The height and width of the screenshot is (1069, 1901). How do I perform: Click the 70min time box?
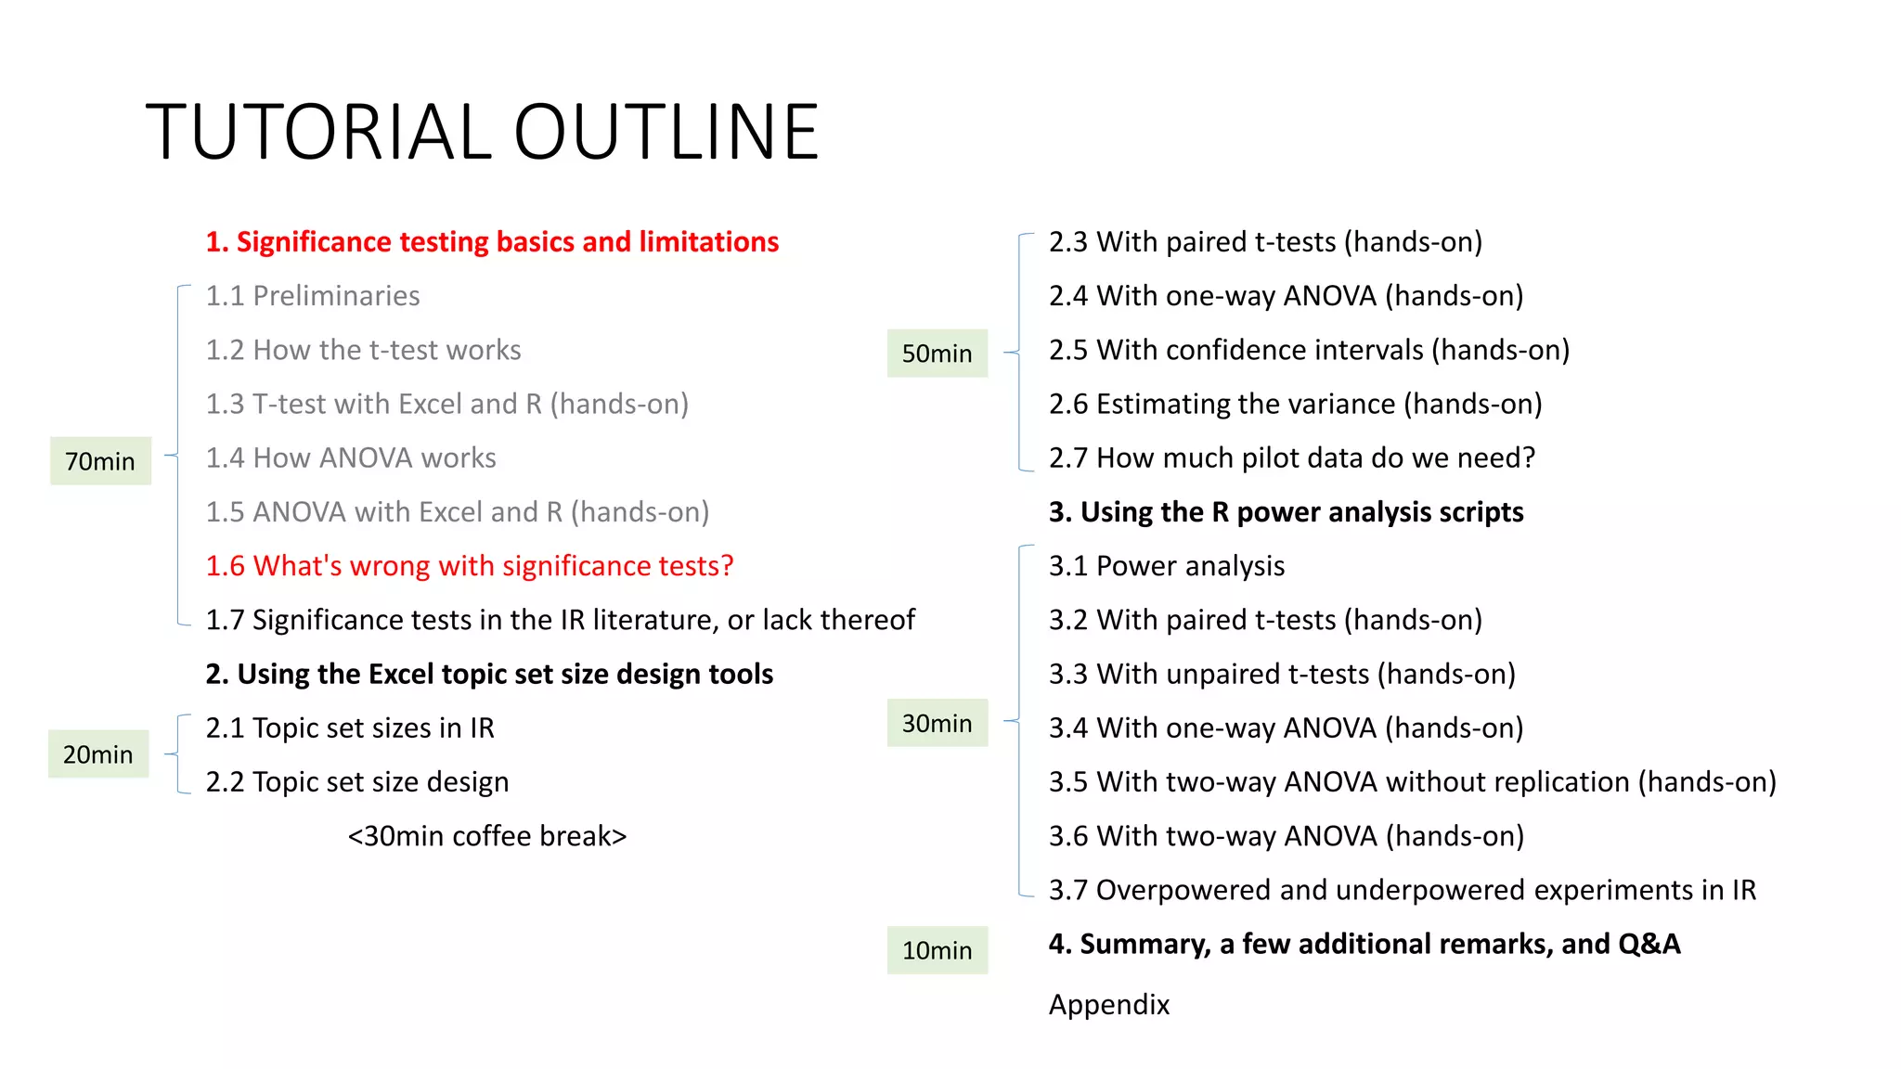tap(100, 461)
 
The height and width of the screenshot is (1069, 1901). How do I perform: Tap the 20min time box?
tap(98, 754)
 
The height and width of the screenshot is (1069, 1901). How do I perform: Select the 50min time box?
tap(937, 354)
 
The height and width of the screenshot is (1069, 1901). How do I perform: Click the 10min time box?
tap(937, 950)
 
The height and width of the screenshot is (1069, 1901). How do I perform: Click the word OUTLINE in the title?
tap(666, 132)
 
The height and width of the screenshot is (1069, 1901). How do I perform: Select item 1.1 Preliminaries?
tap(313, 296)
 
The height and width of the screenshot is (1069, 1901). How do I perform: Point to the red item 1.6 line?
tap(470, 566)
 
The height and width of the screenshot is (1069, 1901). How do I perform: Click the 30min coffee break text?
tap(487, 836)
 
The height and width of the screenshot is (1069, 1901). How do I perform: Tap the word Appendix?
tap(1109, 1005)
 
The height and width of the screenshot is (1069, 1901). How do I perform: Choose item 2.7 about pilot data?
tap(1292, 457)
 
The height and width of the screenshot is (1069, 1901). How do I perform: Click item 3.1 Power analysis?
tap(1167, 566)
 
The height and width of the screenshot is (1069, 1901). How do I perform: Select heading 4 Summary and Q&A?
tap(1364, 944)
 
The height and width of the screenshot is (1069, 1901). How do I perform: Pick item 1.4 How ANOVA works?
tap(351, 457)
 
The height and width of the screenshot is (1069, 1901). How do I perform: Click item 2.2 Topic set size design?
tap(357, 782)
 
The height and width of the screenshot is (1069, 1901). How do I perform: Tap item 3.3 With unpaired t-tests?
tap(1282, 674)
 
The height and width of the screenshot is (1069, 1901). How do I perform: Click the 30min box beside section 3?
tap(937, 723)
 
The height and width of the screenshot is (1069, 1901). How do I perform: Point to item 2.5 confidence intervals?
tap(1309, 350)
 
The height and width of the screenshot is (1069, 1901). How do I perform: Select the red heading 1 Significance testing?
tap(492, 242)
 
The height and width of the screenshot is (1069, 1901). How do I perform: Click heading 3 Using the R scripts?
tap(1286, 512)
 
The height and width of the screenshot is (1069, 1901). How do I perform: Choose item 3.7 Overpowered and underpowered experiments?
tap(1402, 890)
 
